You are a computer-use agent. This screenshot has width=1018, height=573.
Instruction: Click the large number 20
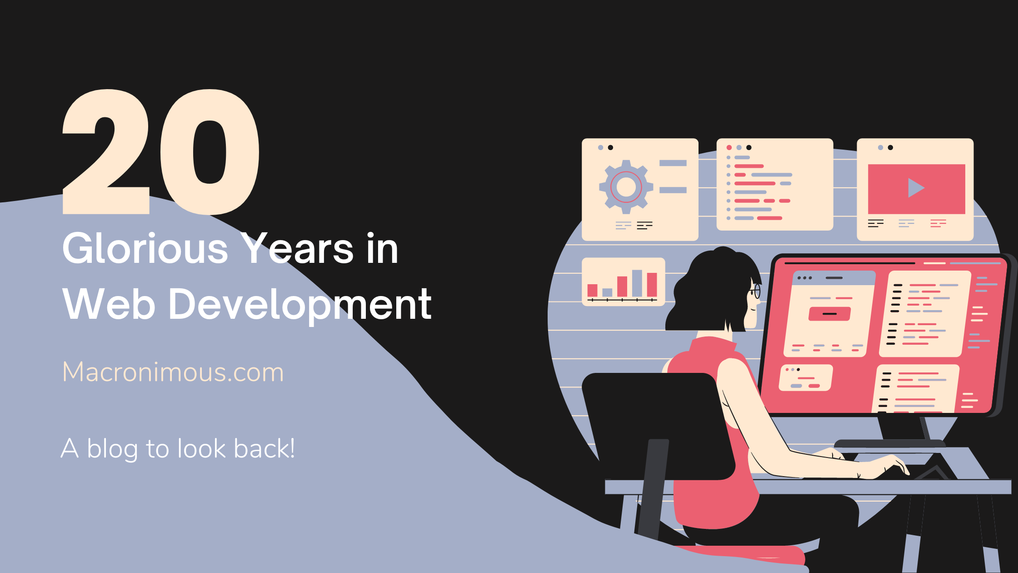[x=161, y=151]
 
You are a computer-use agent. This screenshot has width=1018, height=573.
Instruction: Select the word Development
[x=300, y=305]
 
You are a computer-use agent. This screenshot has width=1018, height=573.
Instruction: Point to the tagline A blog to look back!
[x=178, y=449]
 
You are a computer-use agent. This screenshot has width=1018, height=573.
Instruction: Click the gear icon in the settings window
[x=626, y=187]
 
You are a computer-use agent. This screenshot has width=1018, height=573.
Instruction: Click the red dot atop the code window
[x=729, y=147]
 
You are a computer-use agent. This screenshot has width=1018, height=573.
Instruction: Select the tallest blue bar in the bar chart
[x=637, y=283]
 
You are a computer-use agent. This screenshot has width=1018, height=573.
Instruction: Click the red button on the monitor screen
[x=829, y=314]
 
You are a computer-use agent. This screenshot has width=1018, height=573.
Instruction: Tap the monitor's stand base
[x=890, y=443]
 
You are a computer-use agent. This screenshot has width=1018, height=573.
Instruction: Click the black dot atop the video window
[x=890, y=147]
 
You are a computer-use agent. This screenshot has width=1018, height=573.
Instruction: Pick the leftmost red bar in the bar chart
[x=593, y=291]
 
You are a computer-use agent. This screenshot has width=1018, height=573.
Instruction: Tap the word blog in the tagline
[x=112, y=450]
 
